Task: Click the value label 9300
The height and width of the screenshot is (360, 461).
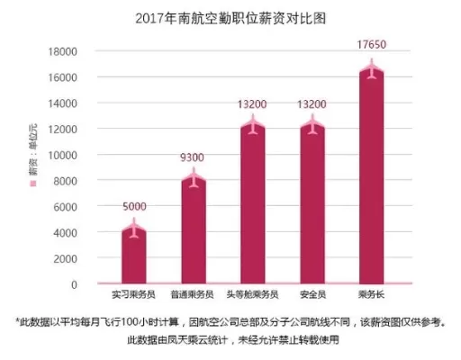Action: coord(194,157)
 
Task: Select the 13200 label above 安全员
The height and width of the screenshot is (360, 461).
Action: coord(312,104)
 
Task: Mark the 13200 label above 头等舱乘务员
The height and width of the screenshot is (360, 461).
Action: coord(253,104)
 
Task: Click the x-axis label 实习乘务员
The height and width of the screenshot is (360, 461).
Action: coord(134,294)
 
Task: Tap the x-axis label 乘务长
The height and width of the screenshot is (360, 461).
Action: coord(372,294)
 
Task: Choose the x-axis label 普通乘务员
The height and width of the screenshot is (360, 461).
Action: coord(194,294)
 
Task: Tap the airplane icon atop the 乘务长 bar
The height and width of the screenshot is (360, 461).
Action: coord(372,69)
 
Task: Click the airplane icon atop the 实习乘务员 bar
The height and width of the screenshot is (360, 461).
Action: coord(134,229)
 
